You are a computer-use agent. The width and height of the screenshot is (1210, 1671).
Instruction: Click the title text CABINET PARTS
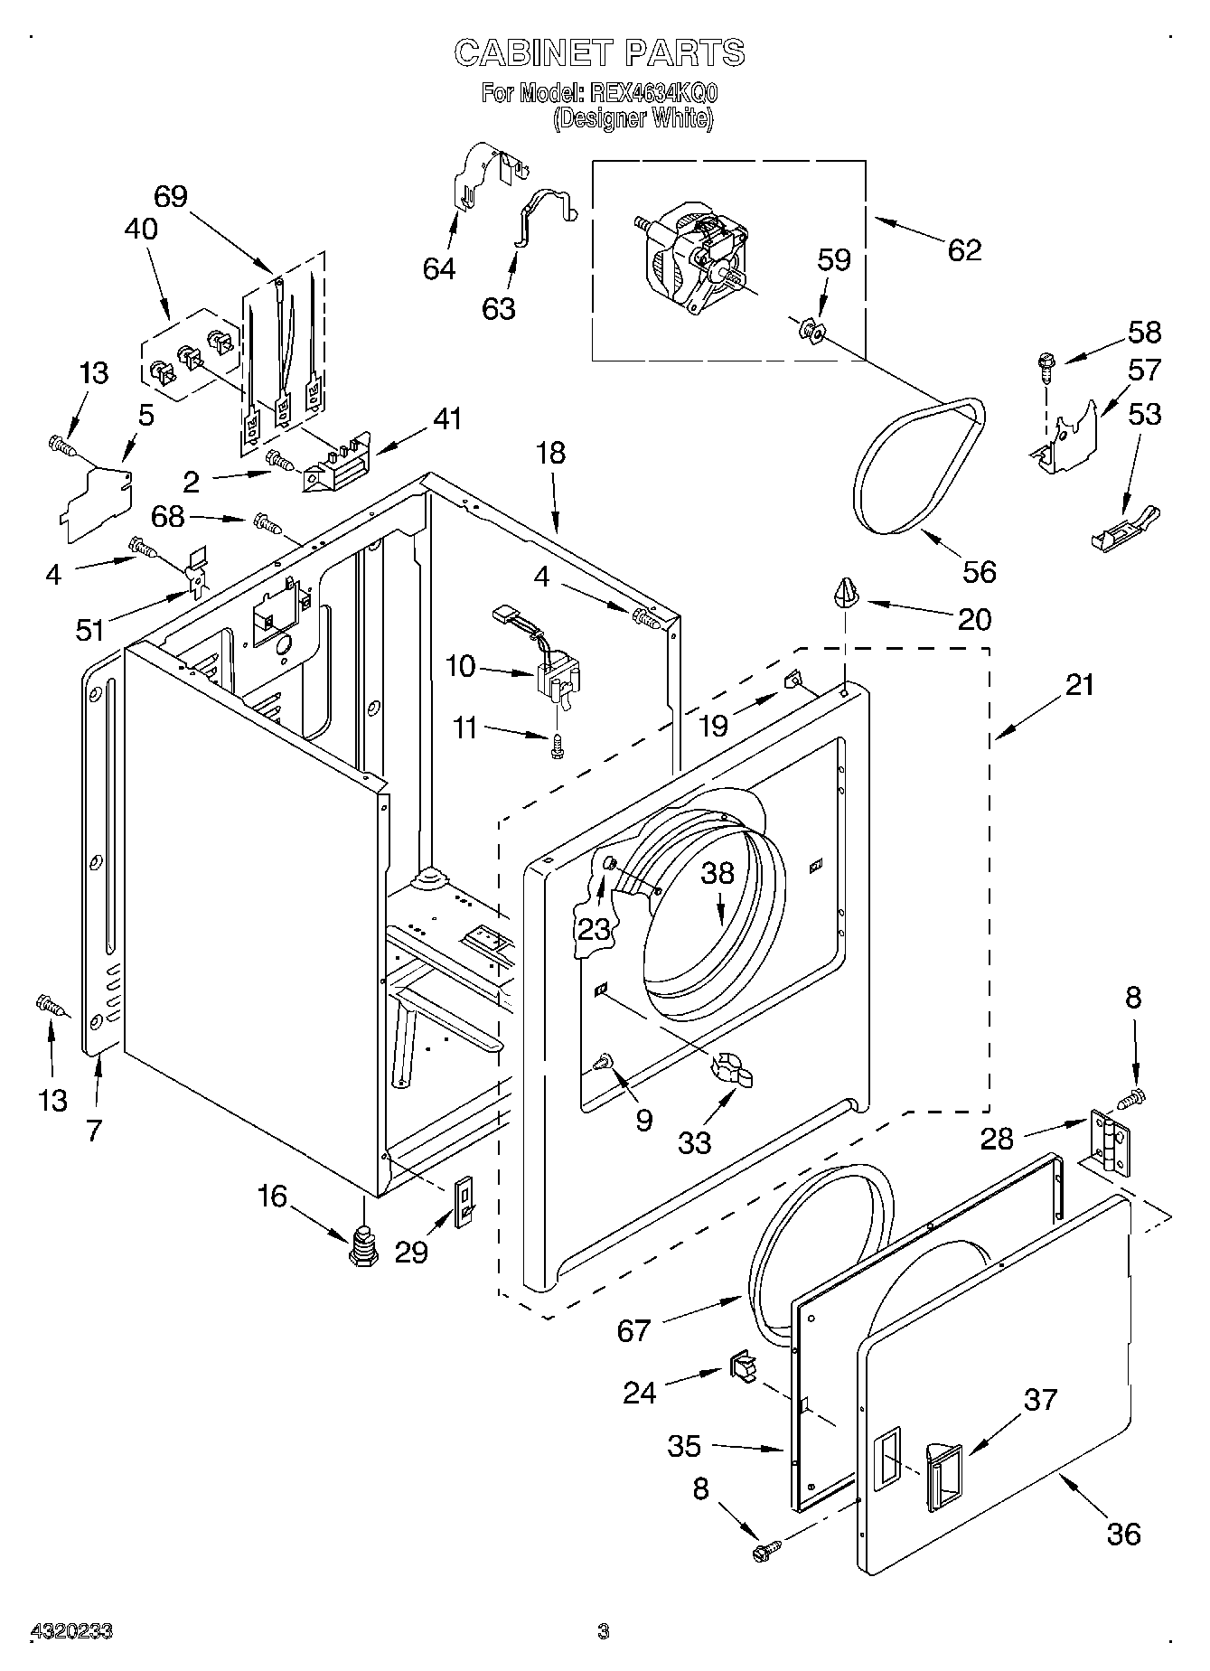[599, 53]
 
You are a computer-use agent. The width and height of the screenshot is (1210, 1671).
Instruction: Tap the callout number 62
[964, 249]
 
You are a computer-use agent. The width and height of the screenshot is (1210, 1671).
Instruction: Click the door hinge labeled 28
[1110, 1142]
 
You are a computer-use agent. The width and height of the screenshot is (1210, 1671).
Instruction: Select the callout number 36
[1123, 1534]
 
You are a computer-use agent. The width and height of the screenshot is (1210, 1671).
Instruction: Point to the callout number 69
[171, 196]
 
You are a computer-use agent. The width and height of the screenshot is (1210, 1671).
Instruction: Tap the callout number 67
[633, 1330]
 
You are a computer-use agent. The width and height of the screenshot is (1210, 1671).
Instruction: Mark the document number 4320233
[72, 1631]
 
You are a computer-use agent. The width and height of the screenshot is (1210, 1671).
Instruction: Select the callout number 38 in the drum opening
[718, 873]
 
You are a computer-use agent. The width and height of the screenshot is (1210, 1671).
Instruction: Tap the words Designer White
[633, 118]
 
